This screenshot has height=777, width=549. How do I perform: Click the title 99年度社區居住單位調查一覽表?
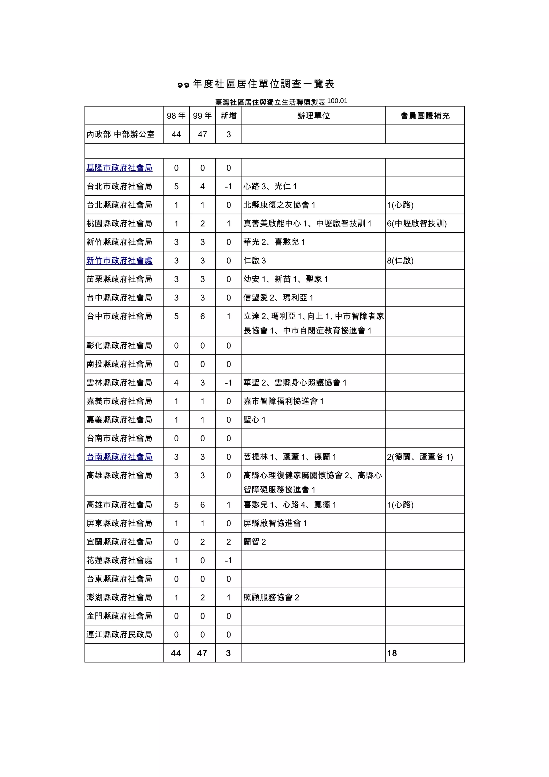(256, 84)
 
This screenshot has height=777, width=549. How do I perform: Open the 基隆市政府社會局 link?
(119, 168)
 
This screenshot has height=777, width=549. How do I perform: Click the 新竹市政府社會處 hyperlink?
(119, 261)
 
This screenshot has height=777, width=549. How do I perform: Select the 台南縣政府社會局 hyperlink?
(119, 457)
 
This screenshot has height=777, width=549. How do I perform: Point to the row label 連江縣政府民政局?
(119, 635)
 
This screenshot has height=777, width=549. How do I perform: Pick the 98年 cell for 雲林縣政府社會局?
(176, 383)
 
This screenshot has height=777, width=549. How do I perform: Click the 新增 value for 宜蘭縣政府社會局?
(228, 542)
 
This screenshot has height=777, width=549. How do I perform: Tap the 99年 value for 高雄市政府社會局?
(202, 505)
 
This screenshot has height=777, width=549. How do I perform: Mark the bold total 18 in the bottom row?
(392, 653)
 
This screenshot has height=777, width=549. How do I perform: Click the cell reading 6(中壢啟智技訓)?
(417, 223)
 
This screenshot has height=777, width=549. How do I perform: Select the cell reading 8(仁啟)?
(400, 261)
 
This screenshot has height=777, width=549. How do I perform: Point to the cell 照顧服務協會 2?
(271, 598)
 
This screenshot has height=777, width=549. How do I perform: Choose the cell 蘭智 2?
(255, 542)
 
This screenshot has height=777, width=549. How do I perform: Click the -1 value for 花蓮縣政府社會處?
(228, 560)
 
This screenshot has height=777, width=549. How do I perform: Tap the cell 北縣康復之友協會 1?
(279, 205)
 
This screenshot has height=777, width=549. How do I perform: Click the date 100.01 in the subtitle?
(337, 101)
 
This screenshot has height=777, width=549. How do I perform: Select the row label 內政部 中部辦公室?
(120, 134)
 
